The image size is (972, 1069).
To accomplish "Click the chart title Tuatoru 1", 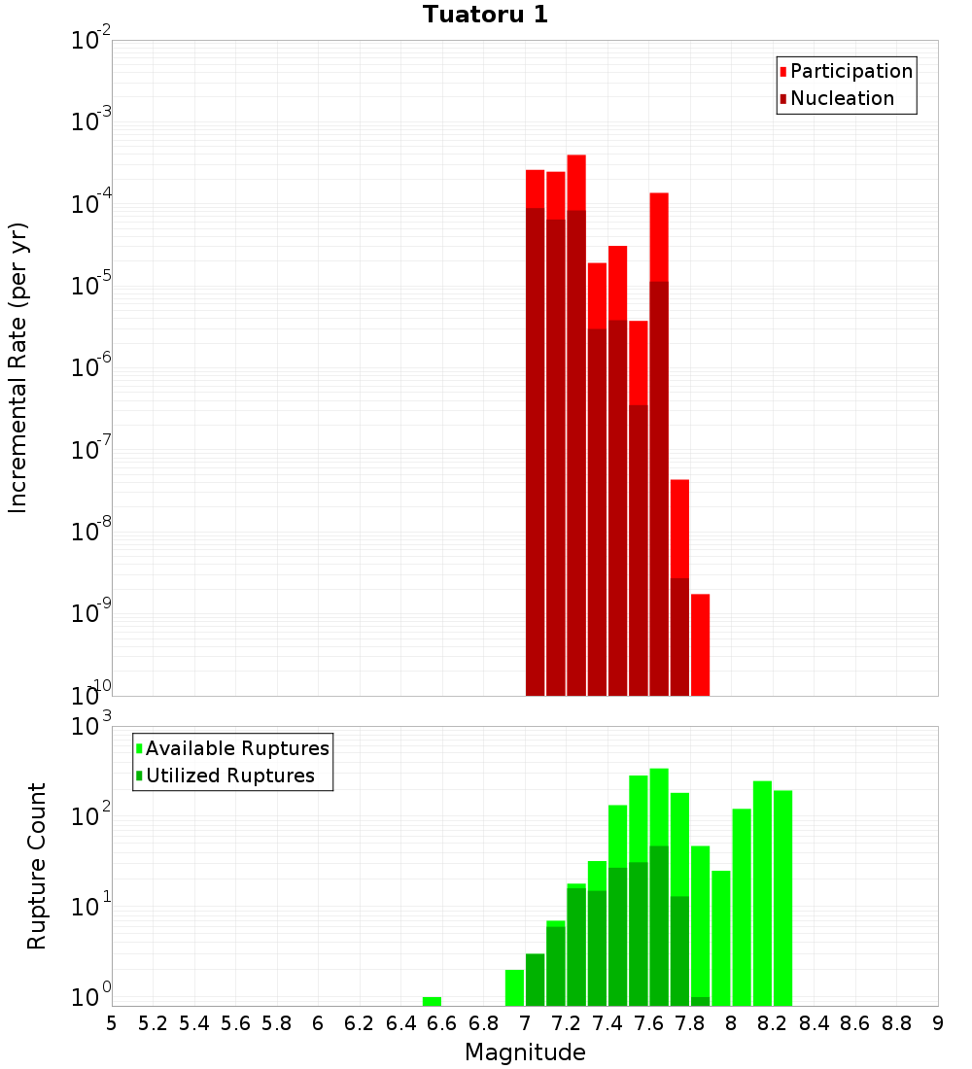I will pos(484,15).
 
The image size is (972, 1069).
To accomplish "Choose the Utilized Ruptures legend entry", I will pos(228,776).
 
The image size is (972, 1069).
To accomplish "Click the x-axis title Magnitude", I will pos(525,1052).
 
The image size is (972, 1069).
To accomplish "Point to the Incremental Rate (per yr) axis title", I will pos(18,367).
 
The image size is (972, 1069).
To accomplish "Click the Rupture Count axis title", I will pos(37,865).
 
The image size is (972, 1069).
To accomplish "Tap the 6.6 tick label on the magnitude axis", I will pos(442,1023).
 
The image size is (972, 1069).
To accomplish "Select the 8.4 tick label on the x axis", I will pos(814,1023).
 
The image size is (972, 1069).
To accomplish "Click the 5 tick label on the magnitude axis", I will pos(112,1023).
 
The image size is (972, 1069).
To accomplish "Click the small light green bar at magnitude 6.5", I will pos(432,1001).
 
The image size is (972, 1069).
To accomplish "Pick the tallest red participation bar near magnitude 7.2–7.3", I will pos(576,182).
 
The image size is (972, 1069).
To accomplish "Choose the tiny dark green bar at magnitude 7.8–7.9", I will pos(700,1001).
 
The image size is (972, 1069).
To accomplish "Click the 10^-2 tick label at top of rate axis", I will pos(91,41).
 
